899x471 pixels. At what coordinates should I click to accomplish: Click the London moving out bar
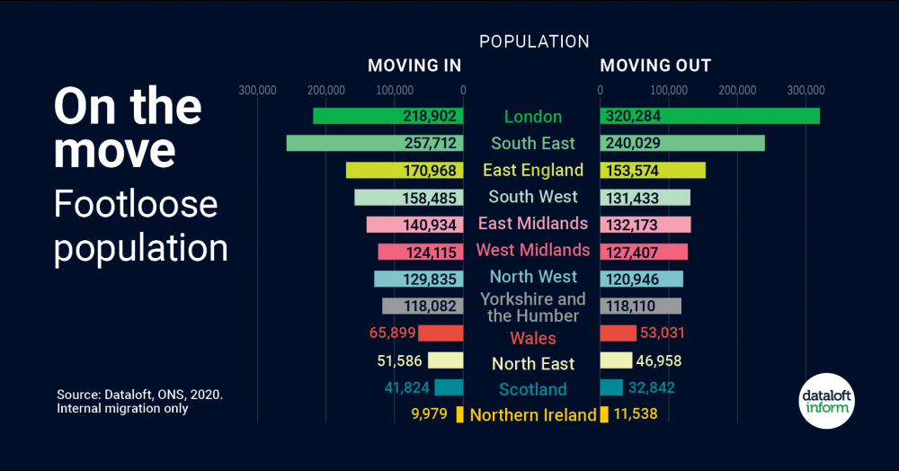(x=710, y=116)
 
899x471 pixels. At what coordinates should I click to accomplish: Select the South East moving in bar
(x=375, y=143)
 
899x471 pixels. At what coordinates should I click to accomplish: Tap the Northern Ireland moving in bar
(x=459, y=414)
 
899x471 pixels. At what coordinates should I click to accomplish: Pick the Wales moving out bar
(x=618, y=333)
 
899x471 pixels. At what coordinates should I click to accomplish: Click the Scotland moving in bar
(x=449, y=387)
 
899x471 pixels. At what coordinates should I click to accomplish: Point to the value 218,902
(x=430, y=117)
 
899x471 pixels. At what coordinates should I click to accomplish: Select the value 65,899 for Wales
(x=392, y=333)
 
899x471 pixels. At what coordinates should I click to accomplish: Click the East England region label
(x=533, y=170)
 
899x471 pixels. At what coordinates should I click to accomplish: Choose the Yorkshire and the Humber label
(x=533, y=307)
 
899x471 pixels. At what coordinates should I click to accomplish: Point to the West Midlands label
(x=533, y=250)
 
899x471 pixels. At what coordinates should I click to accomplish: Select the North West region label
(x=533, y=277)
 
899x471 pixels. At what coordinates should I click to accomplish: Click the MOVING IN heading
(x=414, y=66)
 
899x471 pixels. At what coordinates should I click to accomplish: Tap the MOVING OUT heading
(x=655, y=66)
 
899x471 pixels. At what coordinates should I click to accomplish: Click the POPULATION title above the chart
(x=534, y=42)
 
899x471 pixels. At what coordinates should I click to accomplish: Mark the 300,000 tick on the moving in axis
(x=258, y=90)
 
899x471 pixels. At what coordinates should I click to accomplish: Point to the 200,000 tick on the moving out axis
(x=737, y=90)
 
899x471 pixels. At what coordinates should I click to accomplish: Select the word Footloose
(x=136, y=204)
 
